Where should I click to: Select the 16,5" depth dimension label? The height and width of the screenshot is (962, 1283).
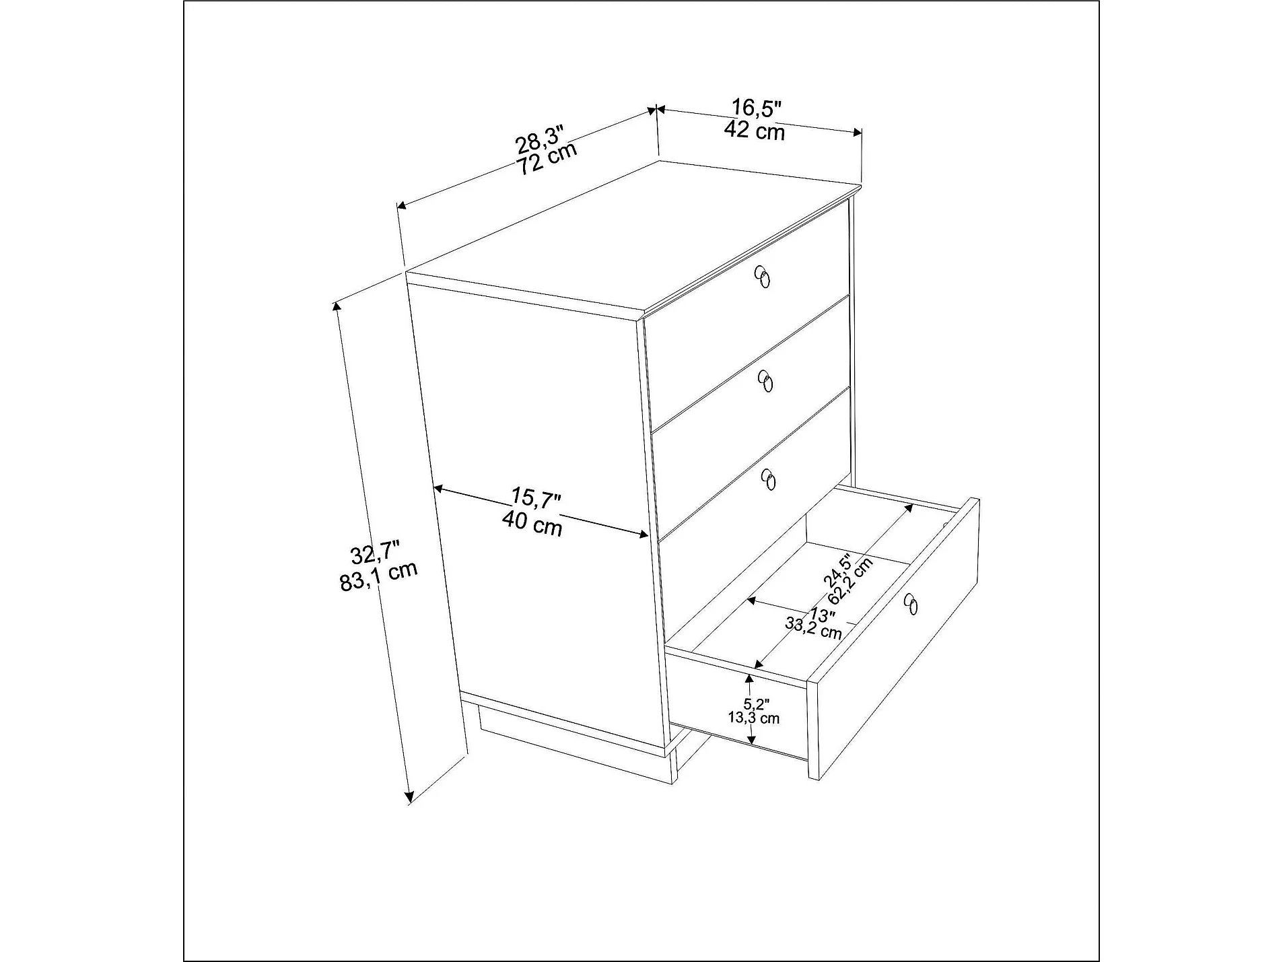(x=756, y=107)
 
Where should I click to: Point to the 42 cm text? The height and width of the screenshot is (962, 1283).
(x=754, y=130)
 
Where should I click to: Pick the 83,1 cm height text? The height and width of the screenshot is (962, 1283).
(x=378, y=576)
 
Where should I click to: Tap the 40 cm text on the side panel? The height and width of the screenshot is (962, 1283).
(x=532, y=524)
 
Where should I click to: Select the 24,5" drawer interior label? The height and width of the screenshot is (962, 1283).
(x=838, y=569)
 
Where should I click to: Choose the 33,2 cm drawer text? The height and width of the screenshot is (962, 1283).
(x=813, y=628)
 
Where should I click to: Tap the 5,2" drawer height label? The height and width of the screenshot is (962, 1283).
(x=755, y=704)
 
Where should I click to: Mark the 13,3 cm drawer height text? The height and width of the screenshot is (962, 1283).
(x=753, y=718)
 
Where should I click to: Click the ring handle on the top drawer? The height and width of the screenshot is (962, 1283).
(x=762, y=277)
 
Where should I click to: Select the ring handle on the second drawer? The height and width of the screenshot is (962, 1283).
(x=765, y=381)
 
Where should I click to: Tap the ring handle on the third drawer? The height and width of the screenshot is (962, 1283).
(x=769, y=479)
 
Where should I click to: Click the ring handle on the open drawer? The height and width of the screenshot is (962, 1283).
(x=910, y=604)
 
